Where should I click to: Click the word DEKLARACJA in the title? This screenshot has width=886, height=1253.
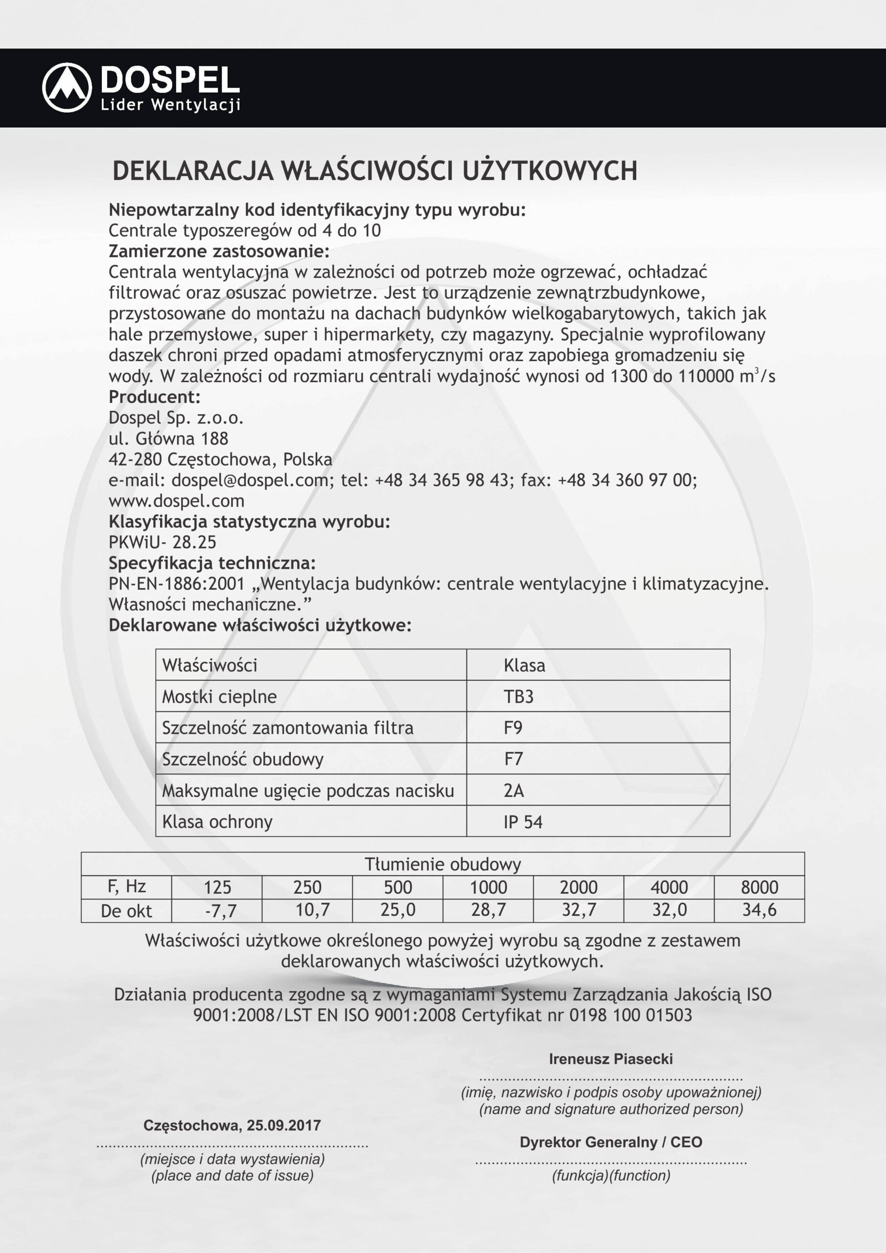tap(193, 171)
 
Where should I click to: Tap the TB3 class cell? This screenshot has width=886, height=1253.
tap(518, 696)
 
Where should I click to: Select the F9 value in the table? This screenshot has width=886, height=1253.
tap(513, 727)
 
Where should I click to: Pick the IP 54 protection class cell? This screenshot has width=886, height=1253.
tap(522, 822)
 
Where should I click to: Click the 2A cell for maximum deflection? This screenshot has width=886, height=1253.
tap(513, 790)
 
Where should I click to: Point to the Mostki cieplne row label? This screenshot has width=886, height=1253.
tap(219, 697)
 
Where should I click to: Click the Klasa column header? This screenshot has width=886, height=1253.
tap(524, 665)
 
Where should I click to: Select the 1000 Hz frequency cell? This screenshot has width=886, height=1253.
tap(488, 887)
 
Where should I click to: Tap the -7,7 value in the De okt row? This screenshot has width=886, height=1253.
tap(221, 910)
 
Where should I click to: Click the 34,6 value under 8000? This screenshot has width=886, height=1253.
tap(759, 910)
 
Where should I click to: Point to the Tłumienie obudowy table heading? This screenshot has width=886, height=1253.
tap(443, 864)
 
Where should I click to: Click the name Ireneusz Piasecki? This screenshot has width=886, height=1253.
tap(610, 1059)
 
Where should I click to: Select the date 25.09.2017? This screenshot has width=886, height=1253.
tap(283, 1125)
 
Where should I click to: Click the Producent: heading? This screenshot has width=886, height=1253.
tap(155, 397)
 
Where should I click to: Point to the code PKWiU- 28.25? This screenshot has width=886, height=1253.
tap(162, 542)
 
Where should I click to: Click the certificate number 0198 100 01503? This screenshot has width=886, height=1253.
tap(630, 1015)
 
